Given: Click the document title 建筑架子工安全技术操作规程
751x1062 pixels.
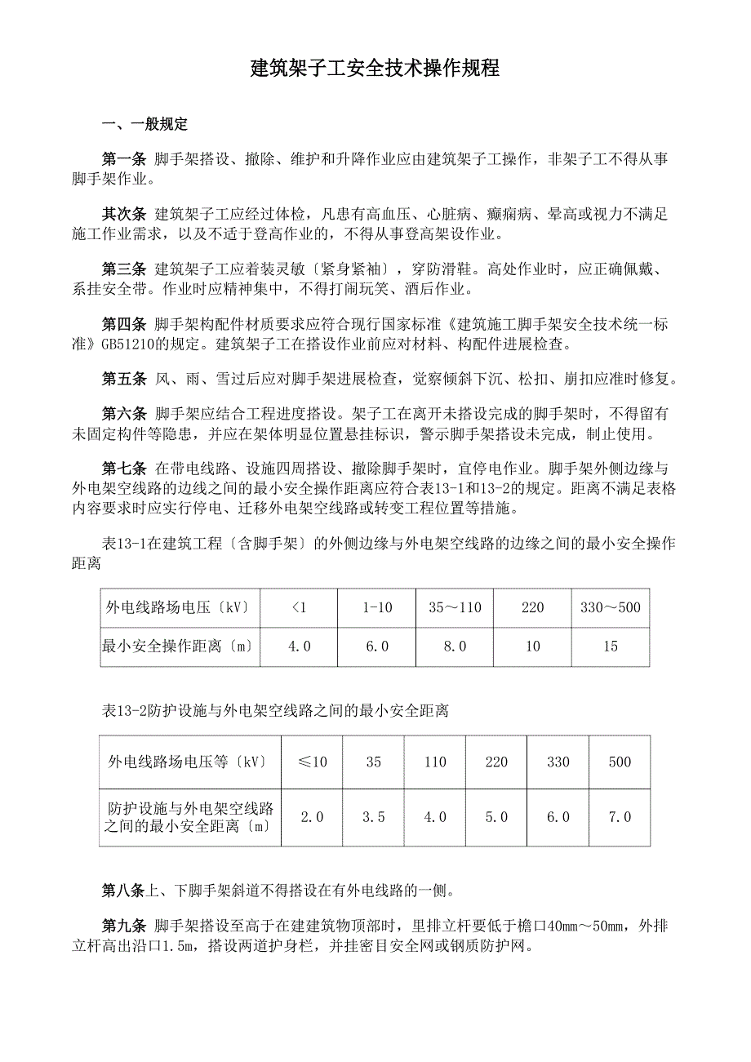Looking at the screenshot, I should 375,69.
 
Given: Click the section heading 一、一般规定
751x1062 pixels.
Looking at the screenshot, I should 144,125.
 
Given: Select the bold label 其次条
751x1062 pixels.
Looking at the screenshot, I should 124,215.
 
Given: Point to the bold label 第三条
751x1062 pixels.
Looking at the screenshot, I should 124,269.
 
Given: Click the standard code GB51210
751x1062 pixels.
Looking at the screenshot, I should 130,344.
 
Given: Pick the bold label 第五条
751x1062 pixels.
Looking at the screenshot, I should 124,379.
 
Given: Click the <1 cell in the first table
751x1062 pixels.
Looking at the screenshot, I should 299,607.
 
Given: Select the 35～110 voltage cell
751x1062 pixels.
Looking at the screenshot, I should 455,607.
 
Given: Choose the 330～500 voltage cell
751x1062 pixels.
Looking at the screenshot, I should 611,607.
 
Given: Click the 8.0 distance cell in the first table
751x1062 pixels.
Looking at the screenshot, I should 455,647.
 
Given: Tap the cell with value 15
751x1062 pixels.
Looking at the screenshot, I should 611,647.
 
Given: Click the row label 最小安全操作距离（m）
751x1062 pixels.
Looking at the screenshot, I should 177,647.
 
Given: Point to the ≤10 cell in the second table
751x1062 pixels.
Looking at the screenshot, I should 312,762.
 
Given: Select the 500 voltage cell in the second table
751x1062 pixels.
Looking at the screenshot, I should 620,762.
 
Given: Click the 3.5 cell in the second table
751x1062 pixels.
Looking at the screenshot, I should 373,816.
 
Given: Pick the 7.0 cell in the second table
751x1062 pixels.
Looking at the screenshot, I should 620,816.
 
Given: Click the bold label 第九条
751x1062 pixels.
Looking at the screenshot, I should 124,926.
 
